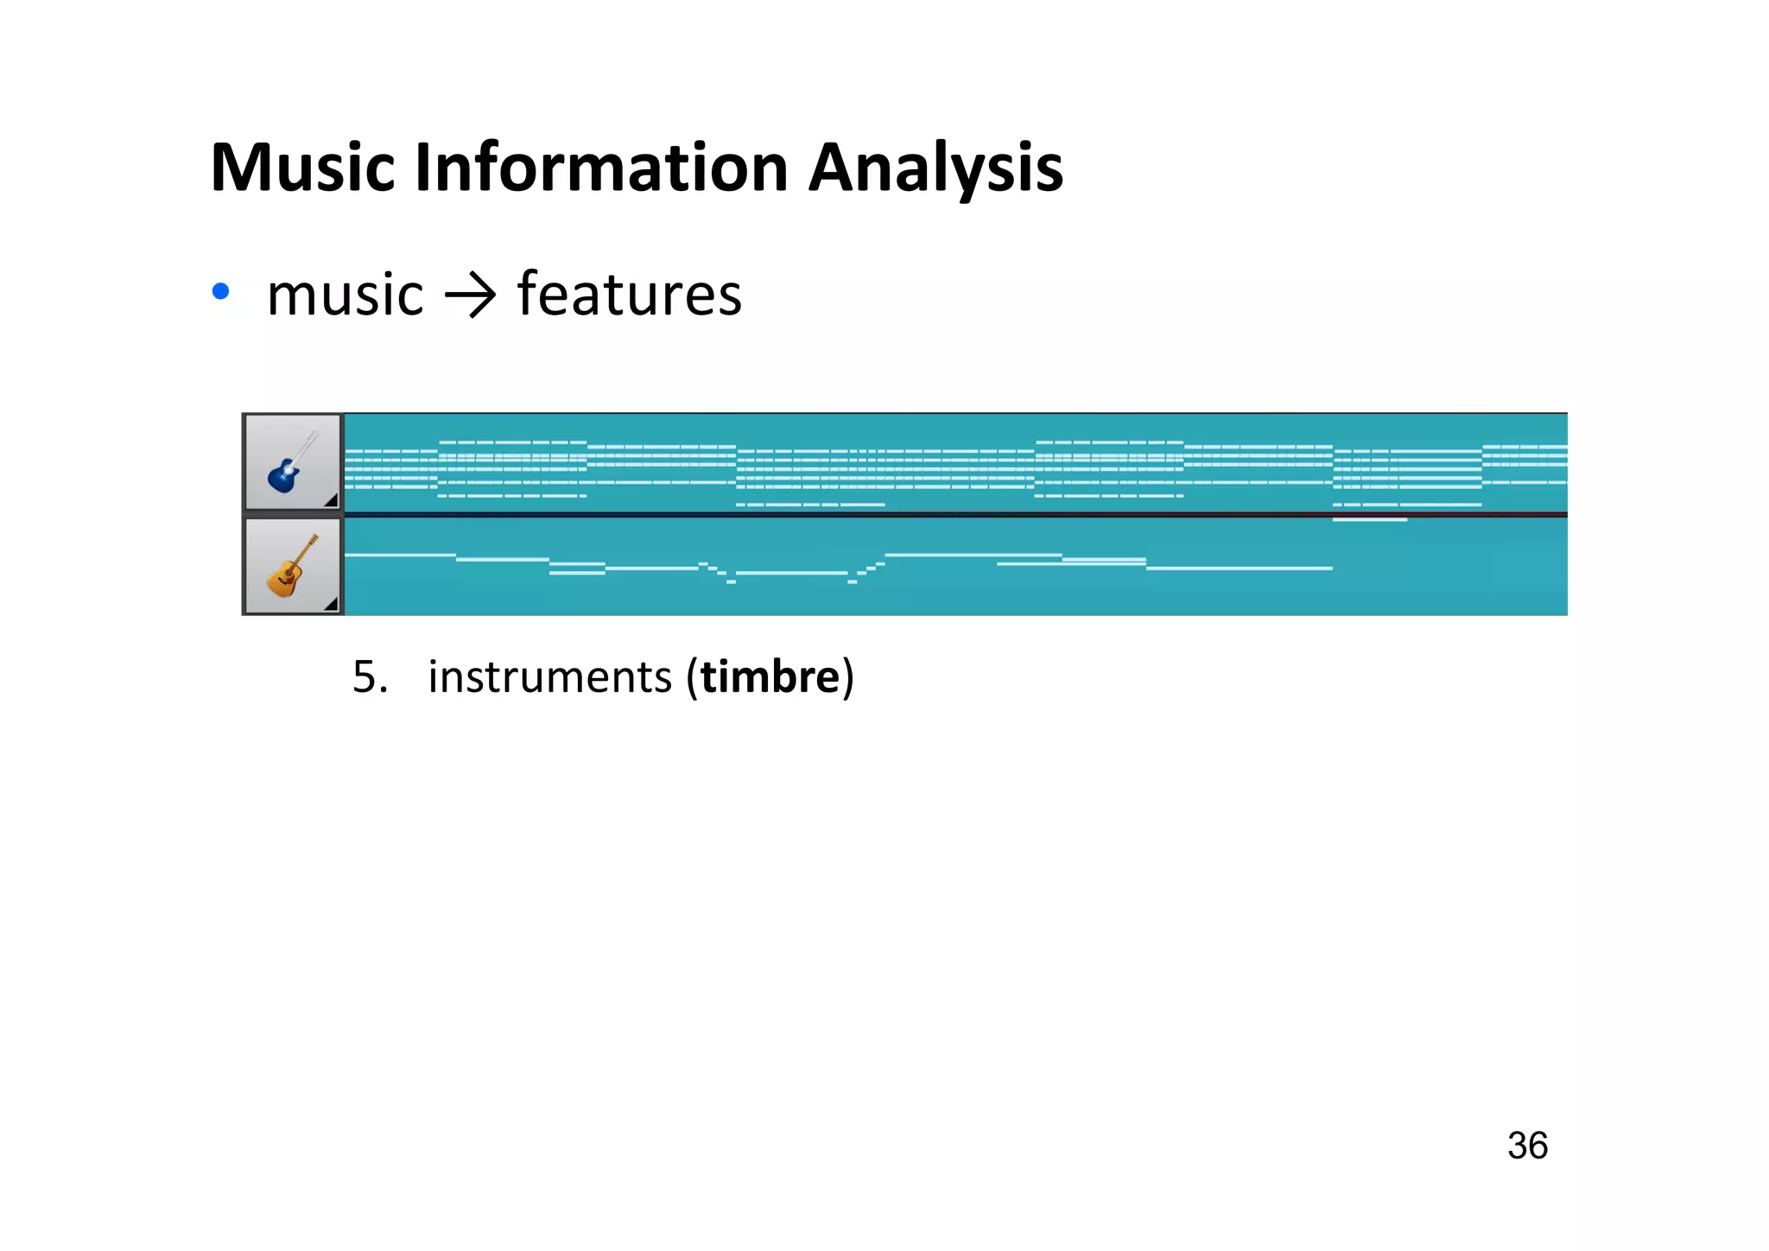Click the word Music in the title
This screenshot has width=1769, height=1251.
(x=302, y=168)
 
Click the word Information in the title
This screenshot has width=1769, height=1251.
(x=601, y=168)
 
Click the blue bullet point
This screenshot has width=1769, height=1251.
(x=221, y=292)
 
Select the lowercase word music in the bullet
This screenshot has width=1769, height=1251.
(x=345, y=295)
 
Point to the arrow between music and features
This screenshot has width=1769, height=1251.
(x=470, y=296)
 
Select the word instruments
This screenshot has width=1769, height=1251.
(x=549, y=676)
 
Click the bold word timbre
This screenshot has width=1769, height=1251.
(x=770, y=676)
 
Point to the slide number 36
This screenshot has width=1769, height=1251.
(x=1527, y=1146)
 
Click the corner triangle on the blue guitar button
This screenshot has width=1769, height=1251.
(x=331, y=501)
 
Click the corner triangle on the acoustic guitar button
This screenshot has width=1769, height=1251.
(x=331, y=604)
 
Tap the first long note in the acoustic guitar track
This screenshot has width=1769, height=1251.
(x=399, y=554)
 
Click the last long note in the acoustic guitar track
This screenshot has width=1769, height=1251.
(x=1239, y=568)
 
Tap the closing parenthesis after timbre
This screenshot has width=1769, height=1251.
(x=848, y=676)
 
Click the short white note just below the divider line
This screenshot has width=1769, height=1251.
(x=1369, y=520)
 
